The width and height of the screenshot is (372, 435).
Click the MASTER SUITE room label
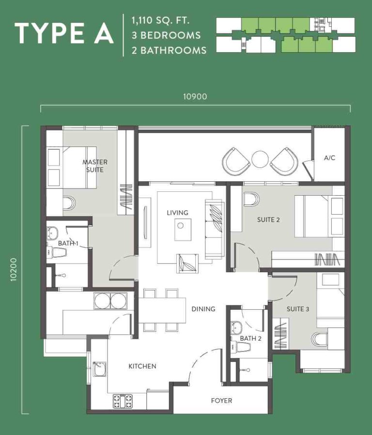pos(95,166)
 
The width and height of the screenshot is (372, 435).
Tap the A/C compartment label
pos(329,158)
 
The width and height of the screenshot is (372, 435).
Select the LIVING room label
pos(177,213)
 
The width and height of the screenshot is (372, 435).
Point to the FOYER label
pos(221,401)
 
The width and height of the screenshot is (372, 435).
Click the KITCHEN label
pos(142,366)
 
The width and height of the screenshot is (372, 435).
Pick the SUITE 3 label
pos(298,309)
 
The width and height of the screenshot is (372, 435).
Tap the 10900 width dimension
pos(195,97)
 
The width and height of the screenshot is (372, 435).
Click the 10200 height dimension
pos(14,270)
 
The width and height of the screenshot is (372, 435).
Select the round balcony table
pos(260,159)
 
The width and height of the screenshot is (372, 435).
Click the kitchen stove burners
pos(123,401)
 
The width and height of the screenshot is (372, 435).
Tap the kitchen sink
pos(99,369)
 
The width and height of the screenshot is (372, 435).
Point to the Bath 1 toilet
pos(57,252)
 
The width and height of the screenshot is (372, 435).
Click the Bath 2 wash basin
pos(236,328)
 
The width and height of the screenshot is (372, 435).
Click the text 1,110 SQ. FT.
pos(161,20)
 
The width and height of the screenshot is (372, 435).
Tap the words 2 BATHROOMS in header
pos(169,50)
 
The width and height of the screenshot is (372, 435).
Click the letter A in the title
pos(104,33)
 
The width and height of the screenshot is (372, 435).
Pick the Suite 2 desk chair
pos(251,199)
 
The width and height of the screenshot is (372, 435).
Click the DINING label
pos(203,309)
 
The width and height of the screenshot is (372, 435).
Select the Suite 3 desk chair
pos(320,339)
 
